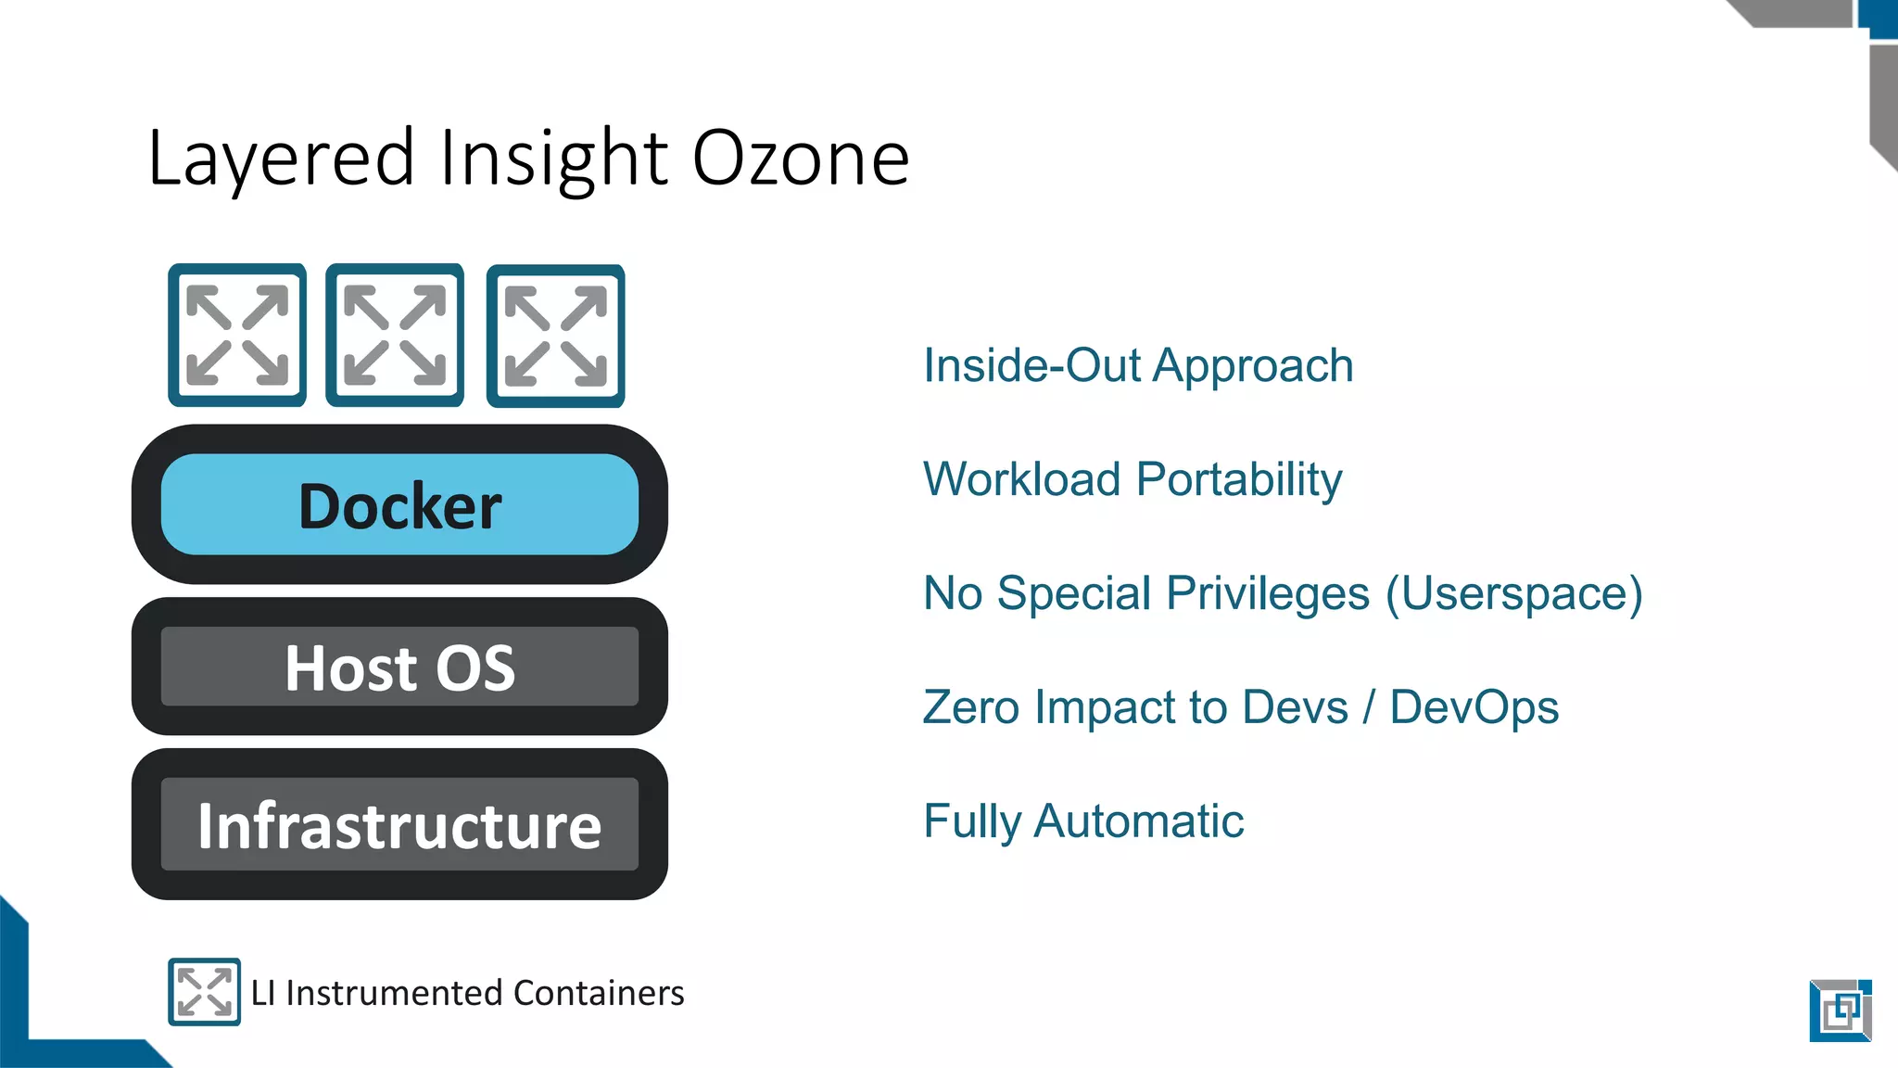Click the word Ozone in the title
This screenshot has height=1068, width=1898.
click(x=801, y=159)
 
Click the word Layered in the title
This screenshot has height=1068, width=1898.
click(x=281, y=159)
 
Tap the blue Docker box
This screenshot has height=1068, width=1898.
click(x=399, y=505)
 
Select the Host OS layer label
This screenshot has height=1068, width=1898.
click(x=399, y=667)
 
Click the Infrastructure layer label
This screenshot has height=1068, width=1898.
click(x=399, y=825)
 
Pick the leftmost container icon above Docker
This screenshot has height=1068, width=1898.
click(x=237, y=336)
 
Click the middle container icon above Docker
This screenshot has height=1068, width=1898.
click(x=395, y=336)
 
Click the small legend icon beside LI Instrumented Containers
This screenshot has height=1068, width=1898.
click(x=204, y=992)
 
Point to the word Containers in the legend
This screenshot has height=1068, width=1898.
click(x=599, y=993)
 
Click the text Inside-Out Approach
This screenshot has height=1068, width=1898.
click(x=1138, y=365)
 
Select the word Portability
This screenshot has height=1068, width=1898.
click(x=1239, y=480)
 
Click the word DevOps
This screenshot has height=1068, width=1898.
click(x=1474, y=707)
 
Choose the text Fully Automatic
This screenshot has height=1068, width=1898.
click(x=1083, y=821)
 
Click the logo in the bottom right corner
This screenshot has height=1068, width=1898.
click(x=1841, y=1011)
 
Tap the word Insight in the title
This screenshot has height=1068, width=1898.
click(x=553, y=159)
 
